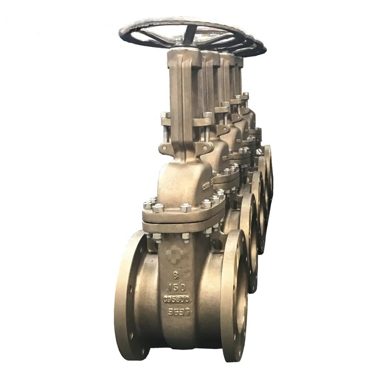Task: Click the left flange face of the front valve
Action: click(x=130, y=296)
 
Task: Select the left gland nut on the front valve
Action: click(x=165, y=115)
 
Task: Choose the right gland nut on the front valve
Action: click(x=208, y=115)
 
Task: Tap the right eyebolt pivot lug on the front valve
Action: click(x=206, y=148)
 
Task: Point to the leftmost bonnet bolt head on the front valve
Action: click(x=148, y=205)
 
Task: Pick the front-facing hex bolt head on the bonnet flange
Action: click(x=186, y=208)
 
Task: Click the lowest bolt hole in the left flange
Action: click(x=142, y=350)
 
